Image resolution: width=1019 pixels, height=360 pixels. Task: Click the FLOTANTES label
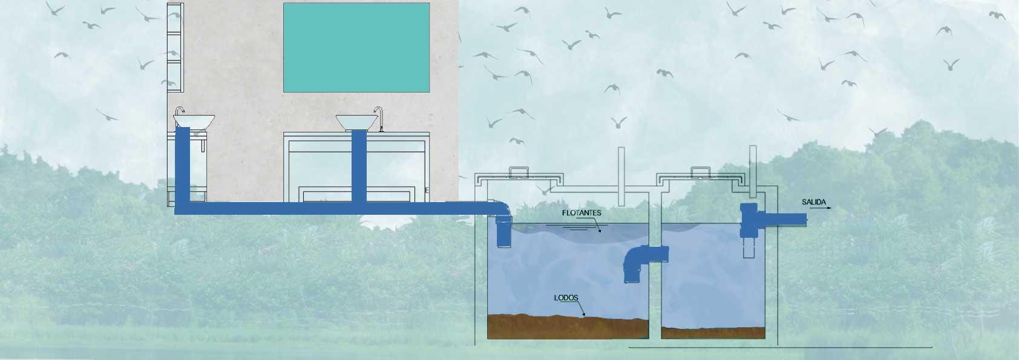point(582,213)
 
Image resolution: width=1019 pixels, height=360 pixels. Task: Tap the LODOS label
point(566,298)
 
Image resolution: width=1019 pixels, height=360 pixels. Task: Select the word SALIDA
point(814,201)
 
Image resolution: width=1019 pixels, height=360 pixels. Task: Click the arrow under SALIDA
point(821,208)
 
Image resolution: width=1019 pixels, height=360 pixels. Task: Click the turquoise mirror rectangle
point(356,47)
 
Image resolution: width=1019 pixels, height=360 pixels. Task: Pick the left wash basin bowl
point(194,120)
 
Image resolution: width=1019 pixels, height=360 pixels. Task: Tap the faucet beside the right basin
point(380,117)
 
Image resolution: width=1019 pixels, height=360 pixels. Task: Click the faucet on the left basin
point(179,111)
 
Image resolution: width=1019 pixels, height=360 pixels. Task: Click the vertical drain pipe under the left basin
point(182,166)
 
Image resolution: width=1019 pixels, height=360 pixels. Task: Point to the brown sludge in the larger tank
point(566,327)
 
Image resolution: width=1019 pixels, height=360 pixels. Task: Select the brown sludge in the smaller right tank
point(712,332)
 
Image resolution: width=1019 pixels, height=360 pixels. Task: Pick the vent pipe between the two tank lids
point(621,175)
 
